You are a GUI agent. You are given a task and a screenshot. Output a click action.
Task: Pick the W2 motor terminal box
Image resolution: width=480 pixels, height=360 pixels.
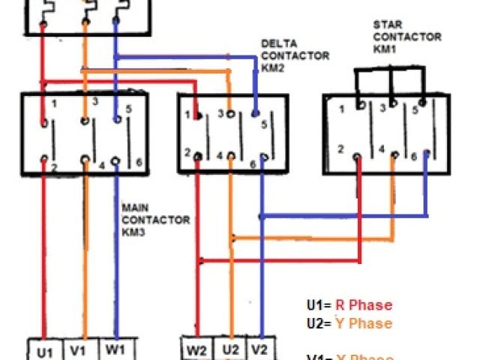click(197, 350)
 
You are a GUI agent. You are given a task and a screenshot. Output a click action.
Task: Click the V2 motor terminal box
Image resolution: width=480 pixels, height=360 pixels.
click(259, 350)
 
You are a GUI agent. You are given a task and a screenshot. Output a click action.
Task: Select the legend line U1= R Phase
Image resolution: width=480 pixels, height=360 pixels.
click(349, 305)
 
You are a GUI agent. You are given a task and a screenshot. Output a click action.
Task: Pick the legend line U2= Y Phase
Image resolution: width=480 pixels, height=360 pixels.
click(349, 323)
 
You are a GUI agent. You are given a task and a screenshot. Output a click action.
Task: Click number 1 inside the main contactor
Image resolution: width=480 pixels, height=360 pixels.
click(54, 101)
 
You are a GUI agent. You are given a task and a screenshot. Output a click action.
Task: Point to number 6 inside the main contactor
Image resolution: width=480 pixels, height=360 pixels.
click(138, 163)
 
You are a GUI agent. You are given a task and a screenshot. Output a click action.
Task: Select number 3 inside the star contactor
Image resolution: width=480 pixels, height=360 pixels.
click(382, 108)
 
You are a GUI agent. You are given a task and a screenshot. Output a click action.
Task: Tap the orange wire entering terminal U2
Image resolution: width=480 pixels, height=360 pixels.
click(230, 300)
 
